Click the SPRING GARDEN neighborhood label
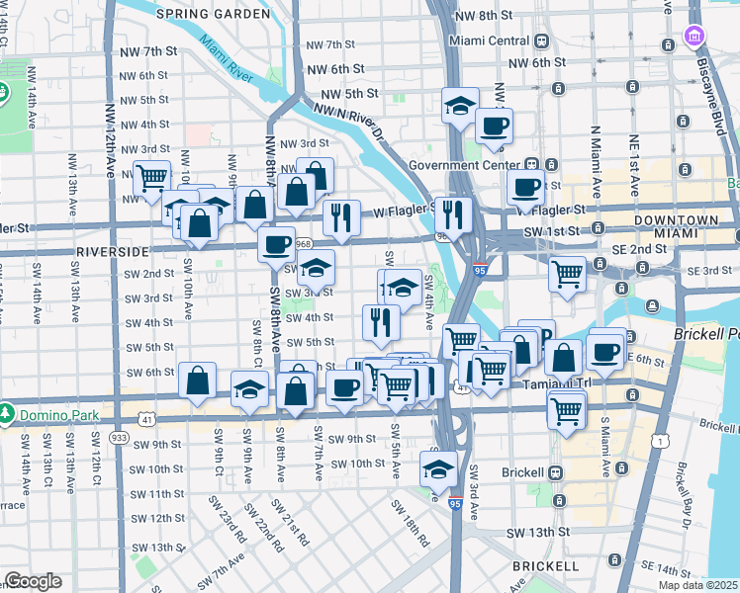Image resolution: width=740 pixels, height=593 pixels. (213, 15)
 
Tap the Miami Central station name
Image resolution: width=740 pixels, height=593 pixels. (490, 41)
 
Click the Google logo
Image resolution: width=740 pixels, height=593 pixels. (33, 581)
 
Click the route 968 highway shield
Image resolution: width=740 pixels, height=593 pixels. (303, 243)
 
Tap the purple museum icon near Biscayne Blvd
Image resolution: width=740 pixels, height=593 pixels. (695, 40)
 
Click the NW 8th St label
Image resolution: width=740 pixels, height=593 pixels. (481, 17)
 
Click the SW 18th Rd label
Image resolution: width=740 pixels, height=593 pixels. (409, 522)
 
